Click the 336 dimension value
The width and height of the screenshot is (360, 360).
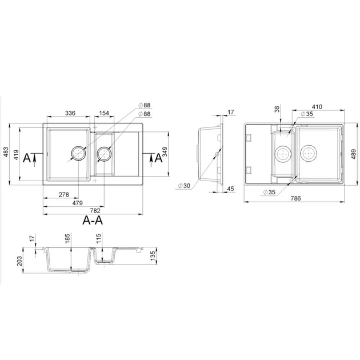click(x=70, y=113)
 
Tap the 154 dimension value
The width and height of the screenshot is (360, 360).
click(x=104, y=113)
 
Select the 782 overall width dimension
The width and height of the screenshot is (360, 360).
click(x=95, y=210)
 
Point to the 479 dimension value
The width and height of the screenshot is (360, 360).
click(x=78, y=203)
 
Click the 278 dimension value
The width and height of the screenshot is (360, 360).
click(x=64, y=194)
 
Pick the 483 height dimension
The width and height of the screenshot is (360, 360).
click(x=6, y=152)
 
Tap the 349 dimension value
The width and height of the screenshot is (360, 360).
click(x=165, y=152)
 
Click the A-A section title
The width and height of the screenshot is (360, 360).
click(x=93, y=221)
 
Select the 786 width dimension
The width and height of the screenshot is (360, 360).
click(x=295, y=198)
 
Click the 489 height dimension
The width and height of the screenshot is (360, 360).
click(x=354, y=154)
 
